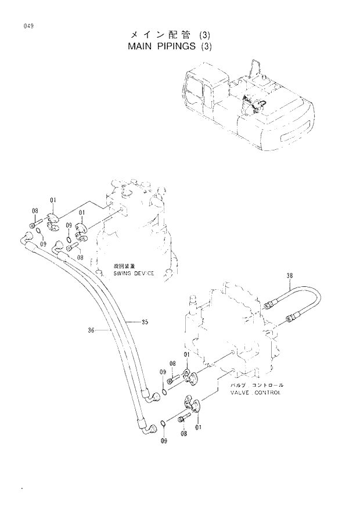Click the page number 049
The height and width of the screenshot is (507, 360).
pyautogui.click(x=27, y=26)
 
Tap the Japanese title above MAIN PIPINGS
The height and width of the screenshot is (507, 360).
pyautogui.click(x=164, y=35)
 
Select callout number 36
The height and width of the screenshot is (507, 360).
pyautogui.click(x=91, y=330)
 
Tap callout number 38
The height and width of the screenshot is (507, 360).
pyautogui.click(x=290, y=275)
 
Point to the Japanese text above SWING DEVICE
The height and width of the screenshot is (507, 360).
pyautogui.click(x=124, y=267)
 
